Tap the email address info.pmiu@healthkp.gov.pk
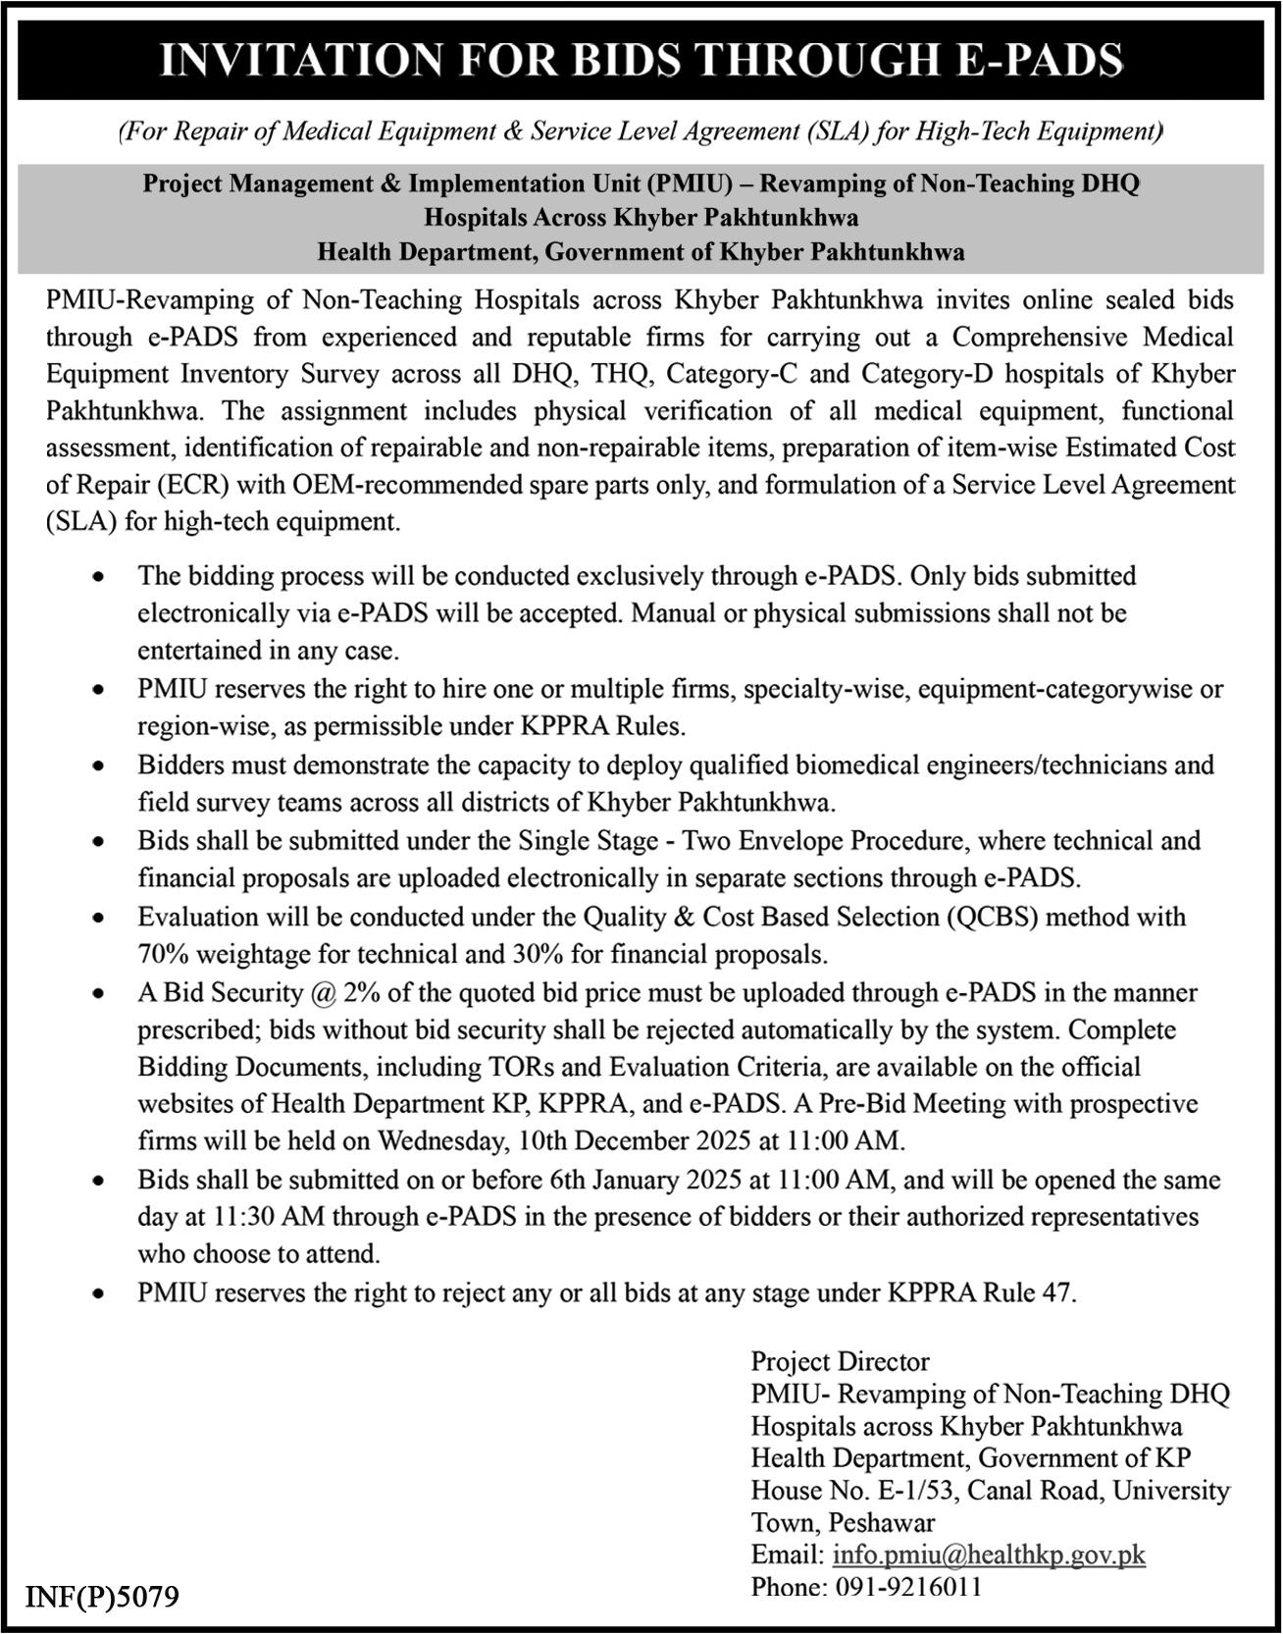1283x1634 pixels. (x=989, y=1555)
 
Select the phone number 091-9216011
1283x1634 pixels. (x=909, y=1587)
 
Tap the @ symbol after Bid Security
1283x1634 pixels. (x=324, y=992)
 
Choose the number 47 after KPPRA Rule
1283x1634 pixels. (x=1057, y=1293)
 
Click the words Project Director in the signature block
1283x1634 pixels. (x=840, y=1361)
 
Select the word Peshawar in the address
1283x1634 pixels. (x=882, y=1523)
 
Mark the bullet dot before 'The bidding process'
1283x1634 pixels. (x=97, y=578)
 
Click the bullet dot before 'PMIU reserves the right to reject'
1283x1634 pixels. (x=97, y=1295)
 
